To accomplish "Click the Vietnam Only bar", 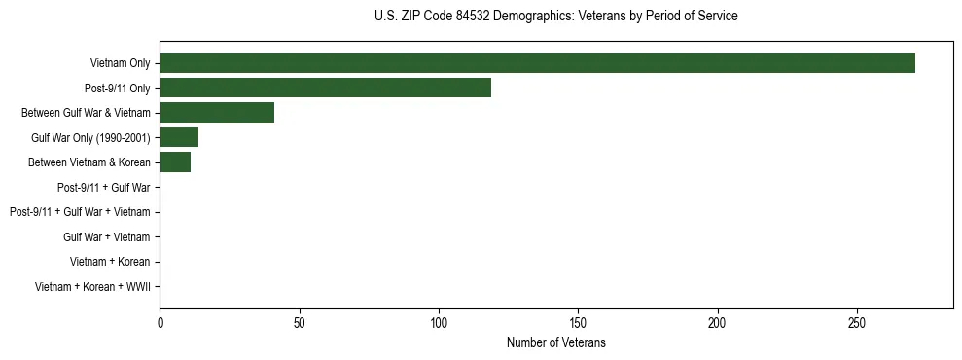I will point(537,62).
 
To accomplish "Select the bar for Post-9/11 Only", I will point(325,88).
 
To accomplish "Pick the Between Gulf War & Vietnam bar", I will point(217,112).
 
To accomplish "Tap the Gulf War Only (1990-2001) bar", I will point(179,137).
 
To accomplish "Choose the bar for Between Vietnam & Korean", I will point(175,162).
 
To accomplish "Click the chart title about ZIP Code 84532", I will point(555,17).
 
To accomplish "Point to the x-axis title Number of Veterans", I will point(555,343).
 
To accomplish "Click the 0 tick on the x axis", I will point(160,322).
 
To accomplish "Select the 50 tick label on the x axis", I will point(300,322).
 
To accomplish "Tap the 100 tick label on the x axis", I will point(439,322).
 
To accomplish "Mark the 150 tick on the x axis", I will point(578,322).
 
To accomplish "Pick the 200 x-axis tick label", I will point(718,322).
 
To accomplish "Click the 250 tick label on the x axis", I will point(857,322).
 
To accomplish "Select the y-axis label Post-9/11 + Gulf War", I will point(103,187).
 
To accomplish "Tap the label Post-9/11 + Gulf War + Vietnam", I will point(80,212).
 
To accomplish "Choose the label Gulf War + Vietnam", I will point(106,236).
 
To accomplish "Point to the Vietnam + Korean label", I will point(110,262).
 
